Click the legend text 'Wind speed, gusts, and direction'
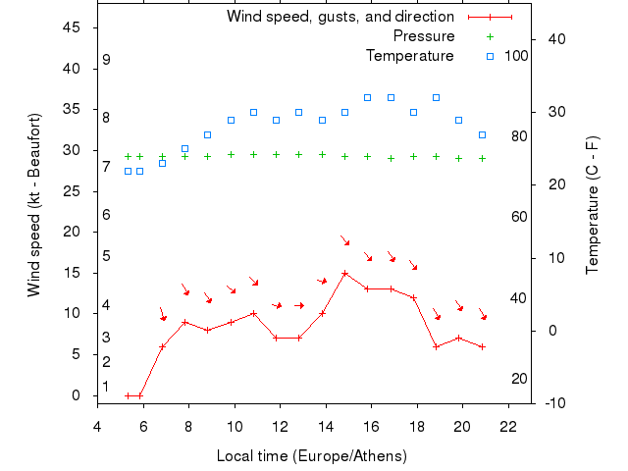pos(340,17)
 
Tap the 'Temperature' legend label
pos(409,56)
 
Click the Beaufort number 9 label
pos(106,60)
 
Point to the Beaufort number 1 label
pos(106,387)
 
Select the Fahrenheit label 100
pos(516,56)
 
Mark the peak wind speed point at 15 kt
pos(345,274)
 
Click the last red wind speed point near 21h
pos(482,346)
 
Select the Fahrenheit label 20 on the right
pos(520,379)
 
